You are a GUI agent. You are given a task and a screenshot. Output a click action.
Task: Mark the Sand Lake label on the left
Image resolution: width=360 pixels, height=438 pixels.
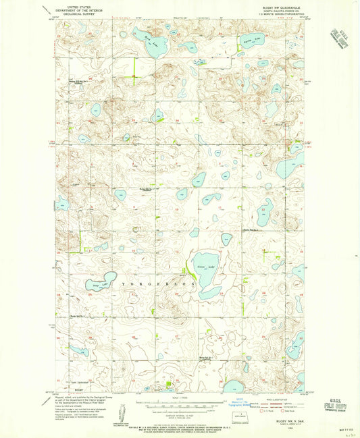pos(95,285)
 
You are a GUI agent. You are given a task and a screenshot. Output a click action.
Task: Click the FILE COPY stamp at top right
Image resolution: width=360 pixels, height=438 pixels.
pos(337,38)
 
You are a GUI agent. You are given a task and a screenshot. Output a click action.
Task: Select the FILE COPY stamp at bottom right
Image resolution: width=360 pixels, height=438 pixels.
pos(335,410)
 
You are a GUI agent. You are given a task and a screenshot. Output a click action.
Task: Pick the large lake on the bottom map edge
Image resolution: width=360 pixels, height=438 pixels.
pos(233,386)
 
